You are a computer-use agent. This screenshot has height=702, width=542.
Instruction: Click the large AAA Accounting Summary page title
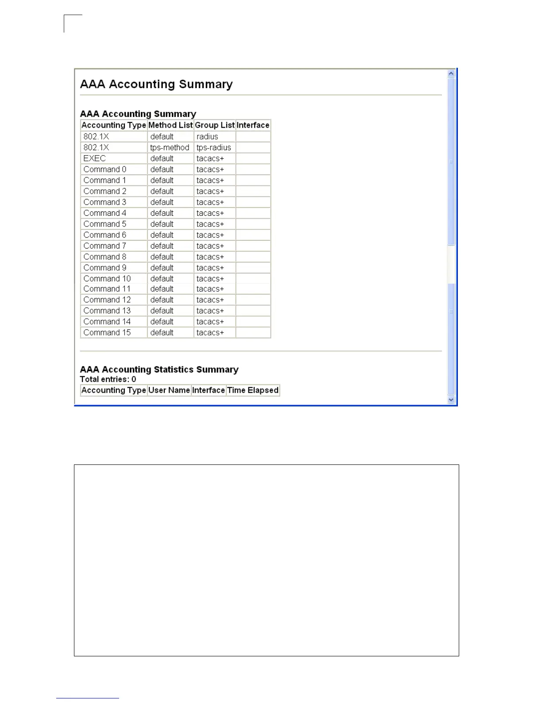[156, 84]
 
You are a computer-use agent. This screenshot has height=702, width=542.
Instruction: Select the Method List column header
[170, 125]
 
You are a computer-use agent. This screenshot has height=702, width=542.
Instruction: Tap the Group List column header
[215, 125]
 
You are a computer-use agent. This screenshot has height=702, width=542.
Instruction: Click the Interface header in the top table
[253, 125]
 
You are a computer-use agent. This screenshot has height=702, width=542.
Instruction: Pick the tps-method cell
[170, 148]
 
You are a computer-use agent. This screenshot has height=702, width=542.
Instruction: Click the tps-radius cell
[214, 148]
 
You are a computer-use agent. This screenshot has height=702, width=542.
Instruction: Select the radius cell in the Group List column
[207, 136]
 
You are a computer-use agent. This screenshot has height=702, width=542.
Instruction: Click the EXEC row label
[95, 158]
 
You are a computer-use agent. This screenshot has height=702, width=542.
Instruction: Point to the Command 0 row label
[105, 169]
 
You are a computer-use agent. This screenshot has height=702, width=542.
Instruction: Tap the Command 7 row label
[105, 246]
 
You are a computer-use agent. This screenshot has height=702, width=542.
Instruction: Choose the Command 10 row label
[107, 279]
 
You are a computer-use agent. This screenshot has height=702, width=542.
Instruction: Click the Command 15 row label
[107, 332]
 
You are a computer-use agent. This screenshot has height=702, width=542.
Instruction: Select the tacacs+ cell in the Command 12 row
[210, 300]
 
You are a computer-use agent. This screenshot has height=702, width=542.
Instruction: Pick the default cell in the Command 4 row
[162, 213]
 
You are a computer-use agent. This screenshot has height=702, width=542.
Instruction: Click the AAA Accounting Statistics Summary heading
[159, 370]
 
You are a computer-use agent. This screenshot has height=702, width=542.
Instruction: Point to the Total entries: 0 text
[108, 379]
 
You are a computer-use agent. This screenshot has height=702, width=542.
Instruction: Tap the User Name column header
[169, 390]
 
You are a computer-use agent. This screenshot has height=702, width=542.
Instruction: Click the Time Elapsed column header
[253, 390]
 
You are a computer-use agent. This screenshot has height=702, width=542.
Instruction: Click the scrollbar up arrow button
[451, 74]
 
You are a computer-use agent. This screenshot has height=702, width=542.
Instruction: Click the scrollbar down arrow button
[451, 400]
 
